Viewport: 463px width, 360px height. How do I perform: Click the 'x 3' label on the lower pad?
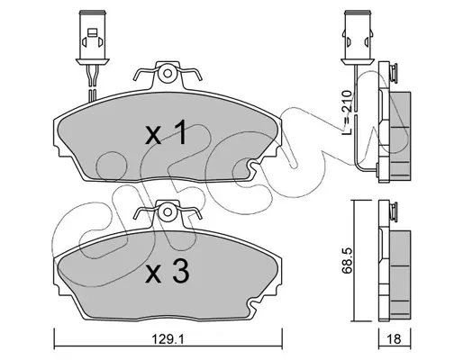[x=168, y=271]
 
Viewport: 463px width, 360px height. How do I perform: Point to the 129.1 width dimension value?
[x=168, y=339]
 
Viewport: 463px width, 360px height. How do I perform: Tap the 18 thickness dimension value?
[x=395, y=339]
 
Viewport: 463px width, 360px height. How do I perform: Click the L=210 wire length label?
[x=347, y=112]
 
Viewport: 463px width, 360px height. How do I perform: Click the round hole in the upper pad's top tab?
[x=168, y=74]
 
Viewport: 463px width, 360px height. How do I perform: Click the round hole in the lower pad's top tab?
[x=168, y=211]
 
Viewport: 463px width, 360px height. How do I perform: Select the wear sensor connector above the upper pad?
[x=92, y=38]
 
